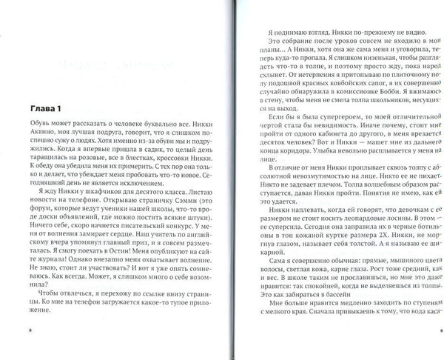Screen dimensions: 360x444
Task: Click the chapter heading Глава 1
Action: click(40, 104)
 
